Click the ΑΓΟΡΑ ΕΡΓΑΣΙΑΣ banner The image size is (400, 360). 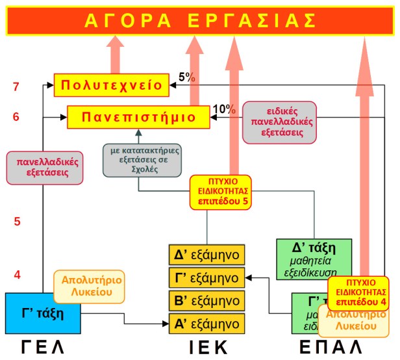tap(199, 19)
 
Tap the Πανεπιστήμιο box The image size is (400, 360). tap(138, 117)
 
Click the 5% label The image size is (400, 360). tap(188, 76)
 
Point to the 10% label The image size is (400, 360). tap(223, 109)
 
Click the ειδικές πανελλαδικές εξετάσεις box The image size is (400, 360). tap(277, 122)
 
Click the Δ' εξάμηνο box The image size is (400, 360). tap(206, 253)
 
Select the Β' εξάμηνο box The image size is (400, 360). tap(206, 300)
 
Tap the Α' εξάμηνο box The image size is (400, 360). tap(206, 323)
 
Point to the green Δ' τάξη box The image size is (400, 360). tap(314, 257)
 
